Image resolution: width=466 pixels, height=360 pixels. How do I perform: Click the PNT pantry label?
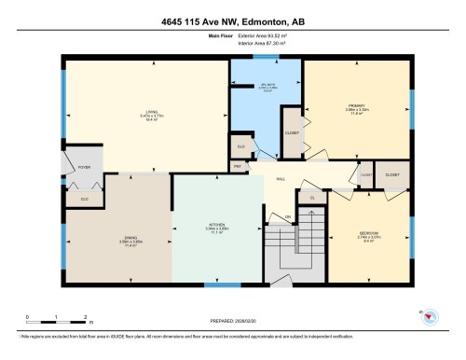coord(239,168)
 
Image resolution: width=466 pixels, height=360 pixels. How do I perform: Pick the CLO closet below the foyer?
coord(85,198)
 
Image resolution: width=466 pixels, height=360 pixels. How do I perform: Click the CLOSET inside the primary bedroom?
coord(290,132)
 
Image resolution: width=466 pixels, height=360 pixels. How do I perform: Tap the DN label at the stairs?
coord(289,216)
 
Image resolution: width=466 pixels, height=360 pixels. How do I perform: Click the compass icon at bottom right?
coord(431,316)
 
